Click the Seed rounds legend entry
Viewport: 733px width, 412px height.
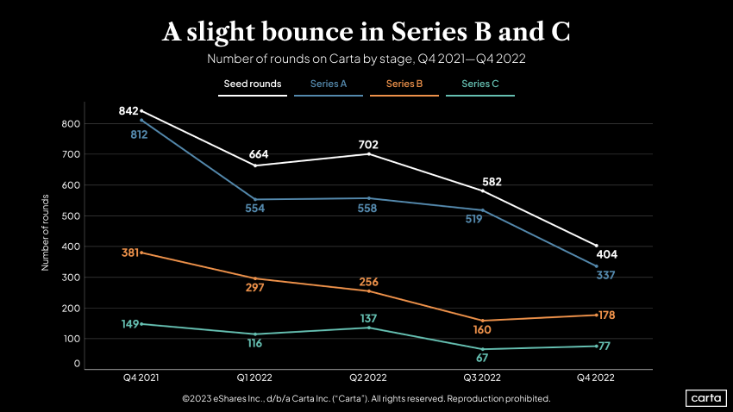[x=252, y=84]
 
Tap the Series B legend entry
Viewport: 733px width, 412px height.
[x=404, y=84]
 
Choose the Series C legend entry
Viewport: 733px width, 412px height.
[x=480, y=84]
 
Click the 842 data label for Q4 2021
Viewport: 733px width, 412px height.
[x=128, y=111]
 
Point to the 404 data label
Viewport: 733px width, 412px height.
[x=607, y=254]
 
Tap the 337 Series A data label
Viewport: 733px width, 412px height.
[x=605, y=275]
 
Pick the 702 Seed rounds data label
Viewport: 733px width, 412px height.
[x=368, y=145]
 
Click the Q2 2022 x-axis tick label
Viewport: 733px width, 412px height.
[x=368, y=378]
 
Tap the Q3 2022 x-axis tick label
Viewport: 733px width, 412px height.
[x=482, y=378]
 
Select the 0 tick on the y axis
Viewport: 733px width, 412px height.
[x=76, y=364]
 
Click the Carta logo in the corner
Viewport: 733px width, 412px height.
[x=705, y=397]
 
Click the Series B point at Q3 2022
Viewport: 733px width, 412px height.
[x=482, y=321]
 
